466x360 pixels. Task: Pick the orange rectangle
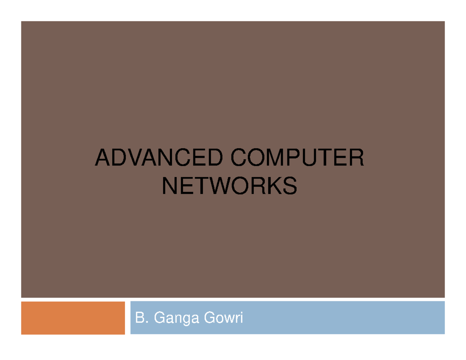tap(73, 318)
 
